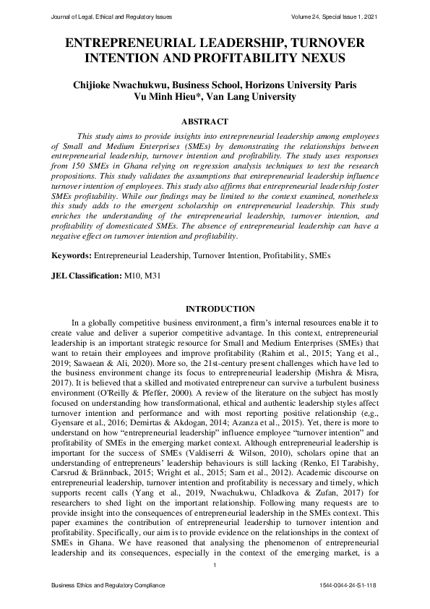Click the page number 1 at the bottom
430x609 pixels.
pyautogui.click(x=215, y=575)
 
